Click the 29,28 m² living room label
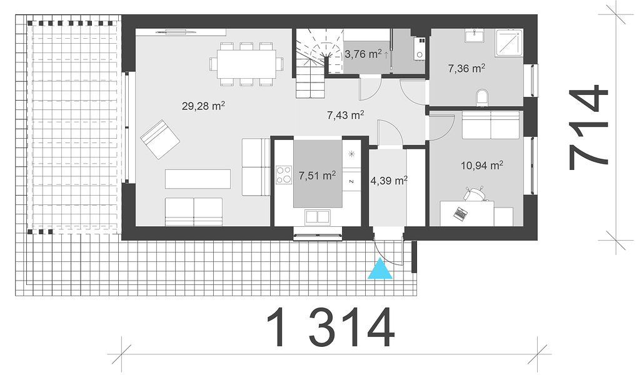tap(203, 106)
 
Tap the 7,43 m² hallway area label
tap(346, 115)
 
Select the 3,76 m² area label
tap(363, 54)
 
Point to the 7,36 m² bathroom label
tap(466, 68)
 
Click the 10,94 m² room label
tap(481, 165)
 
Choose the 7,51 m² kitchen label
tap(317, 176)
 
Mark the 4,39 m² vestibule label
tap(389, 181)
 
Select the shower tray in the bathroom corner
tap(509, 42)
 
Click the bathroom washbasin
tap(475, 36)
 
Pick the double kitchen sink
tap(318, 217)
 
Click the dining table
tap(246, 64)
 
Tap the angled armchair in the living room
tap(160, 139)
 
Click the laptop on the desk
tap(461, 213)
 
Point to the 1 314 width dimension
tap(331, 327)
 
